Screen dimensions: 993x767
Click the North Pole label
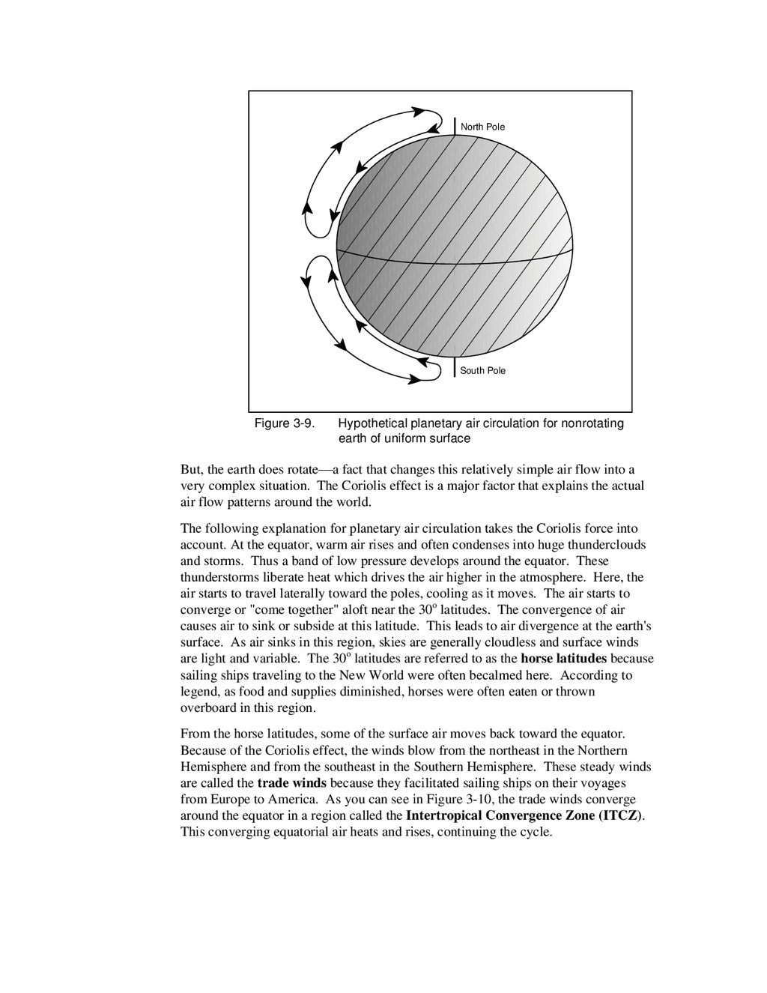point(482,127)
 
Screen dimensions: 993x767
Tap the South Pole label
point(482,370)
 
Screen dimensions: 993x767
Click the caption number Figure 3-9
point(284,423)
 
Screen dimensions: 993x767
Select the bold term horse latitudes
point(564,659)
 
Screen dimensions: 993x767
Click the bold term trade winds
point(297,783)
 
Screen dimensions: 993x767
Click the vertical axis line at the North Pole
point(455,125)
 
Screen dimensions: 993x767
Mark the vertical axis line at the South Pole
point(455,367)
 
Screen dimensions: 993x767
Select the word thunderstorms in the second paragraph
point(218,577)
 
